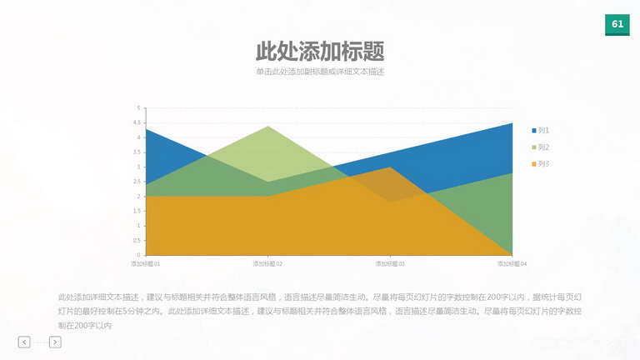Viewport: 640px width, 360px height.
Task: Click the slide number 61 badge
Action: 617,24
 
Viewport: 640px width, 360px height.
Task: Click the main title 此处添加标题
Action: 320,52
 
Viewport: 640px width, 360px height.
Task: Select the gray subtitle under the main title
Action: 320,72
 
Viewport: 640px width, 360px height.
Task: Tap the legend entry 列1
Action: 540,130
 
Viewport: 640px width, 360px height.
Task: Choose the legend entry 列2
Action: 540,147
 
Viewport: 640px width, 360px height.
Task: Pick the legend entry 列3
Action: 540,163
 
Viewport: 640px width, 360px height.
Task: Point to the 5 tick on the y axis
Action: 139,108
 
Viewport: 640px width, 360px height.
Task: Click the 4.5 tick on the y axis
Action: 137,122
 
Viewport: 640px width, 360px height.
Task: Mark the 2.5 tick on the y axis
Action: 137,182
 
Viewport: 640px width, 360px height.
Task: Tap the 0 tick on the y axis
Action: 139,255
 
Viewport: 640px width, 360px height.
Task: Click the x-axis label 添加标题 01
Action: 146,264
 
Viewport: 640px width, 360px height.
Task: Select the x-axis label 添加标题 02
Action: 267,264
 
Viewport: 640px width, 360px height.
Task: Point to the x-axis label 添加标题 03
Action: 390,264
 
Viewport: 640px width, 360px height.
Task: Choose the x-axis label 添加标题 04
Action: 512,264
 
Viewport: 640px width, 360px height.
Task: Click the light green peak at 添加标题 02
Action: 267,127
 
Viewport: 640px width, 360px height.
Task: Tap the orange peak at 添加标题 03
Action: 390,167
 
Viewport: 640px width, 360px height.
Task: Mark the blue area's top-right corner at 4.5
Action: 512,122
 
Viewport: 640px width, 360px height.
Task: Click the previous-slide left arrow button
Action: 24,342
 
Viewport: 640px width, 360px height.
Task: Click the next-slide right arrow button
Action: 55,342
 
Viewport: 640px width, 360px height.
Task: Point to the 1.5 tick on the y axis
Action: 137,211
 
